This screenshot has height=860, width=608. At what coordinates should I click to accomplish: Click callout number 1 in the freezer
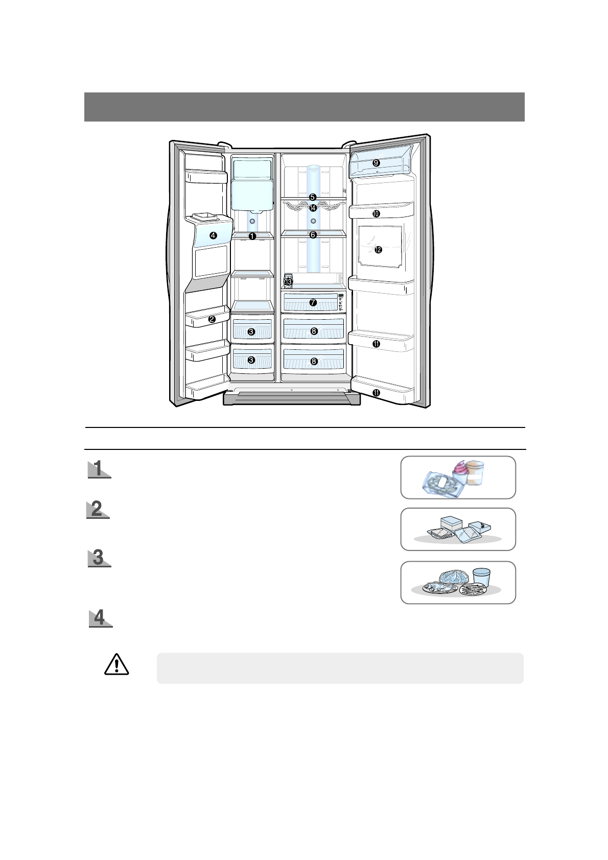click(x=252, y=235)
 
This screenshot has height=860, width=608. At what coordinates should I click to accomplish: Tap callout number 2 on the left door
click(x=212, y=319)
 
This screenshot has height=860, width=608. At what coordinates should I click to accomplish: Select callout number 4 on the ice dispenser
click(x=213, y=235)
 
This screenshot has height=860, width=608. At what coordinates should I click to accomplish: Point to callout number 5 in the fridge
click(x=313, y=197)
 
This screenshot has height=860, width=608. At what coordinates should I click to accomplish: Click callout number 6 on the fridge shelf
click(x=313, y=235)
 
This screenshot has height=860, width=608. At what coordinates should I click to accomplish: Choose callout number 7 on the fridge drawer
click(x=313, y=302)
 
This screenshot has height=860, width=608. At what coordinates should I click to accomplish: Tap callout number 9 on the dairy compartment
click(x=376, y=162)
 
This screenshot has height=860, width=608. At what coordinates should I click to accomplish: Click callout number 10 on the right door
click(x=376, y=213)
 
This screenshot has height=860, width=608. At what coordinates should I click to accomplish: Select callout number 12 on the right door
click(x=378, y=250)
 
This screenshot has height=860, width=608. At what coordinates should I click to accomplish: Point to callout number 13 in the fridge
click(x=288, y=281)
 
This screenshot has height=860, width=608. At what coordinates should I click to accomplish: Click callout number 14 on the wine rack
click(x=313, y=208)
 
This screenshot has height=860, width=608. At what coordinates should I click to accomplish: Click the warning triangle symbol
click(x=116, y=664)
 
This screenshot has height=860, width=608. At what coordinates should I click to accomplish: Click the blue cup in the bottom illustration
click(x=481, y=577)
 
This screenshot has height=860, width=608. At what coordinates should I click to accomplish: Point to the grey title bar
click(x=304, y=107)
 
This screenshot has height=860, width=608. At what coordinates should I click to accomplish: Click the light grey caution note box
click(x=340, y=667)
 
